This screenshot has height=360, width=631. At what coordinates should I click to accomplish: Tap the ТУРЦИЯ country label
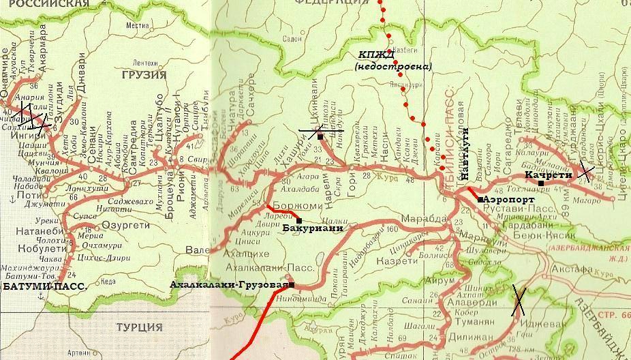[140, 327]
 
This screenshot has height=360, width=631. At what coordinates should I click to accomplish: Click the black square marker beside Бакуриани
[299, 220]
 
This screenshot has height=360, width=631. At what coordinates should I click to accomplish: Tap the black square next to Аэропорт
[481, 198]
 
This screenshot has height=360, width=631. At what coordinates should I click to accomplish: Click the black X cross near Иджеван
[519, 300]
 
